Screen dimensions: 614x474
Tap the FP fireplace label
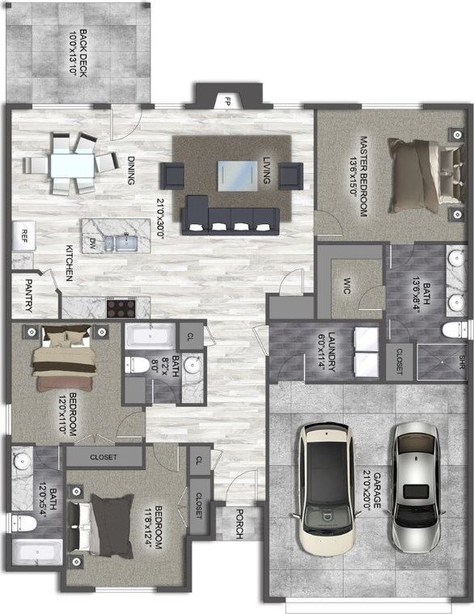point(228,102)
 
